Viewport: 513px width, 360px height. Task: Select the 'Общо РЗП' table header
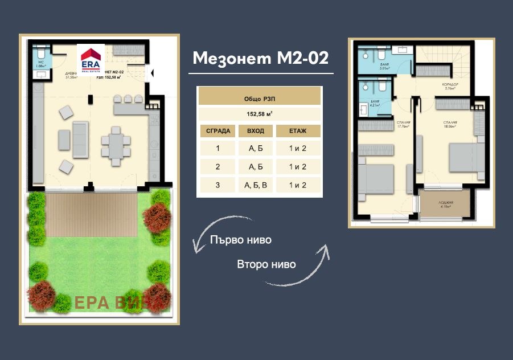(259, 98)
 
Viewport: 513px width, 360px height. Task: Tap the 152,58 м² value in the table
(259, 113)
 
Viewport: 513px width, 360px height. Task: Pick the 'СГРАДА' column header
(217, 131)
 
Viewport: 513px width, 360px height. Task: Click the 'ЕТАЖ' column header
(298, 131)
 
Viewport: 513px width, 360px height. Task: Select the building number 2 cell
(217, 167)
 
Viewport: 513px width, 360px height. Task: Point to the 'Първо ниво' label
(240, 240)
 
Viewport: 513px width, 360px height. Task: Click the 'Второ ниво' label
(266, 264)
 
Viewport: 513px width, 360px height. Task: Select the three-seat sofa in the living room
(80, 139)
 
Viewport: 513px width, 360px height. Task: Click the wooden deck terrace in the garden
(93, 215)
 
